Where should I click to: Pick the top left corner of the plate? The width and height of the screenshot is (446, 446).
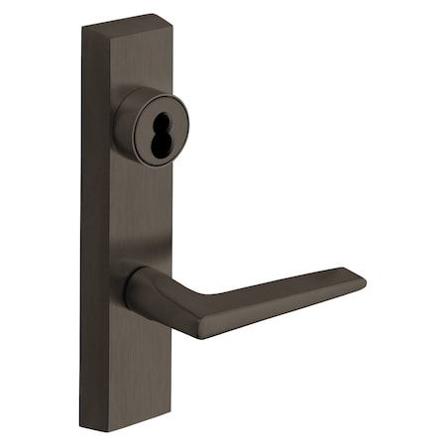pos(83,26)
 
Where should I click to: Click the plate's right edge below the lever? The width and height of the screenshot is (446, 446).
pos(169,377)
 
